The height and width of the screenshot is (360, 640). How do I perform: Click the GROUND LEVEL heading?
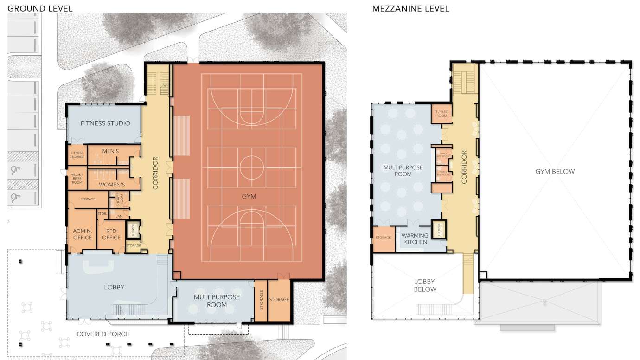click(x=40, y=8)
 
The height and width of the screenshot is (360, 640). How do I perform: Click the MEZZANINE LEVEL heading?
click(x=410, y=8)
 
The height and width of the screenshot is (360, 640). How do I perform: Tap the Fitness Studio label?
click(x=105, y=123)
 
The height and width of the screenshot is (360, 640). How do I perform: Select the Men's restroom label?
click(x=110, y=151)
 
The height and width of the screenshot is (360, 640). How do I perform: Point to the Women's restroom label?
click(x=112, y=184)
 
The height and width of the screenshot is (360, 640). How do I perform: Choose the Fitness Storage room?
click(x=77, y=155)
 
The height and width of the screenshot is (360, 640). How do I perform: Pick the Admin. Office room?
click(x=83, y=234)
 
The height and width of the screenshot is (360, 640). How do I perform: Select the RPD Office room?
click(x=111, y=234)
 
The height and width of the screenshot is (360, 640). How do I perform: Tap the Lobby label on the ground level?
click(x=115, y=287)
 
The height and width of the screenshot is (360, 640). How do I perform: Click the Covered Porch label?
click(x=103, y=334)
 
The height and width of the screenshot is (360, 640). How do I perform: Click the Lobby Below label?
click(x=425, y=285)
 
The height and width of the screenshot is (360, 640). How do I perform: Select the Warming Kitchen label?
click(x=415, y=238)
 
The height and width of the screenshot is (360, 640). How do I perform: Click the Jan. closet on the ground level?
click(x=119, y=216)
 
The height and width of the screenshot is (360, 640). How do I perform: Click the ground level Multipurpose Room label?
click(x=217, y=301)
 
